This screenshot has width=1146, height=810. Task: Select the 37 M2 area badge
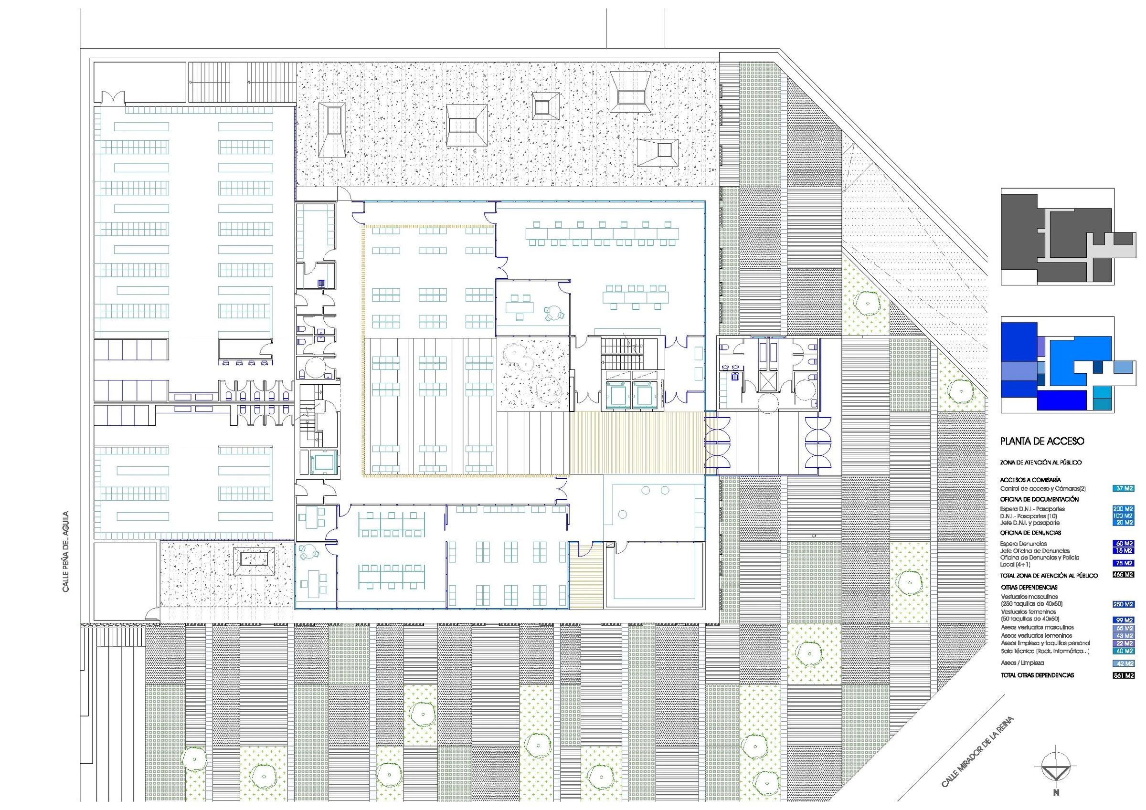(1124, 489)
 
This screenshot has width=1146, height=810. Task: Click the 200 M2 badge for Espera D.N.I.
(1124, 509)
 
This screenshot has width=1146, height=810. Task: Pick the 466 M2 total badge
(1124, 575)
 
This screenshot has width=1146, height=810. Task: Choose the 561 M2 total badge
(1124, 675)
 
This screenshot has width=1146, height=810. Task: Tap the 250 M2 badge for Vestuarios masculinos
(1124, 604)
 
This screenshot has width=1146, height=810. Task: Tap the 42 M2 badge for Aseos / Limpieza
(1124, 663)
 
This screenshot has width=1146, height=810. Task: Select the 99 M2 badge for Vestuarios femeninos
(1124, 620)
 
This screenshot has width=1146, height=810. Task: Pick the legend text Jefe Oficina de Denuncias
(1035, 550)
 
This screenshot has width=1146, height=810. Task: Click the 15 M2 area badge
(1124, 550)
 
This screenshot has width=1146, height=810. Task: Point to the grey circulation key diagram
(1057, 237)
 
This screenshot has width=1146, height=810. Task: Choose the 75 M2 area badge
(1124, 563)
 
